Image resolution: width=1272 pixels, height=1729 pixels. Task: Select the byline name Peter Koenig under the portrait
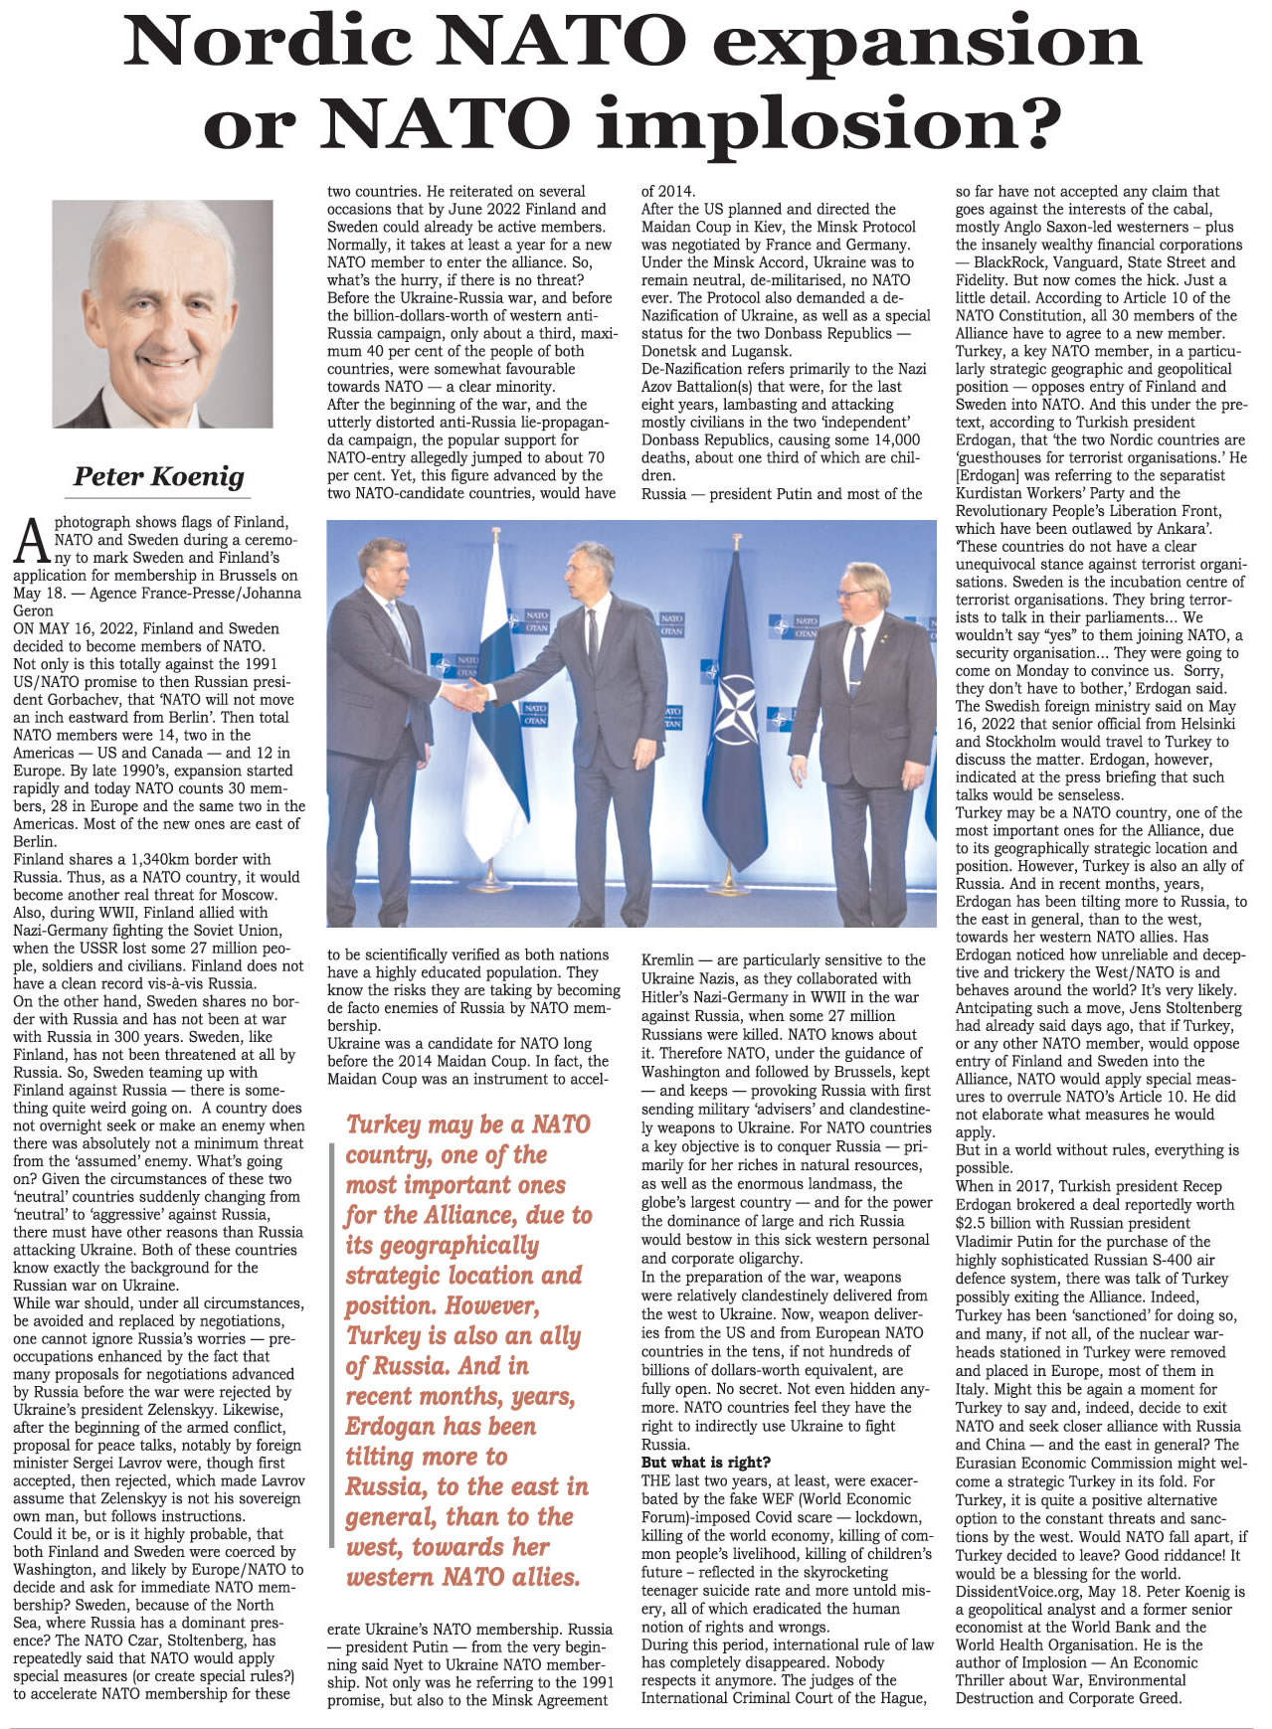159,476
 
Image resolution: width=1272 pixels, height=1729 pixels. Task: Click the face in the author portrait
159,308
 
